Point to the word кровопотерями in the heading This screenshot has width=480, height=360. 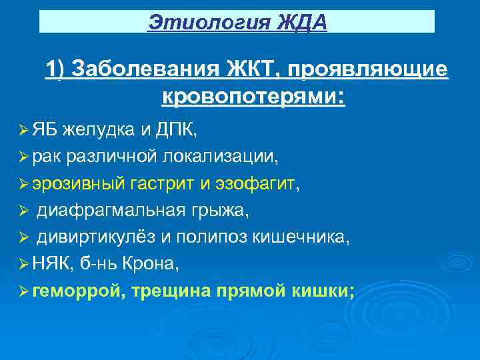point(253,97)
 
